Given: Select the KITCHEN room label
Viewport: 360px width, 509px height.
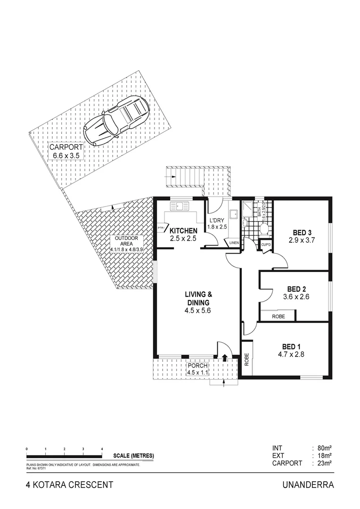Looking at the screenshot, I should (183, 230).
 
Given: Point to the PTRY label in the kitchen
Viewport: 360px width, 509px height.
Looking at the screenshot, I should (162, 228).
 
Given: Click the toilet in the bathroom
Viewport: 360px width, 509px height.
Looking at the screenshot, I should (264, 230).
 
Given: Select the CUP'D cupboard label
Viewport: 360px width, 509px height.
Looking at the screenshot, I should (265, 245).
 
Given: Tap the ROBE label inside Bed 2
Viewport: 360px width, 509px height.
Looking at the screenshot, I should (278, 316).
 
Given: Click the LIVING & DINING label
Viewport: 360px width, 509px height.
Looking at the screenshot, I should (197, 299).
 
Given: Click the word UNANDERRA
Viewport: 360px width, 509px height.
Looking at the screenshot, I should (308, 484).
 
